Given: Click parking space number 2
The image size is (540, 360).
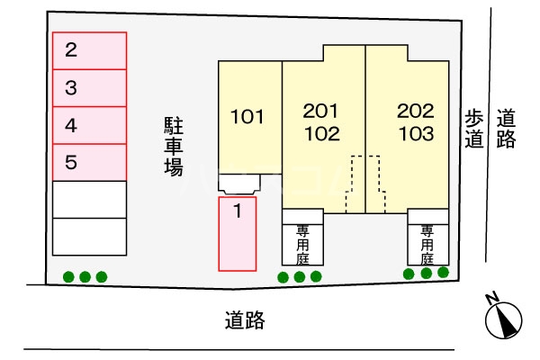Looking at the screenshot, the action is pos(88,50).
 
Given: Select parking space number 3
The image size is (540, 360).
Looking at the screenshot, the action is pos(88,88).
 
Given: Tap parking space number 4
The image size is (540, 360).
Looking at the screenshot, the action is pos(88,125).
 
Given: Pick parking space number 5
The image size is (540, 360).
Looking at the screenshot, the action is pos(88,163).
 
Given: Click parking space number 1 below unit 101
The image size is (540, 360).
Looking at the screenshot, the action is pos(238,234).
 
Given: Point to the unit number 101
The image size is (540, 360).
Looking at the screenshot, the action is pos(247,116).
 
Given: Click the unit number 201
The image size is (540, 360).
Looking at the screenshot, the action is pos(321,112).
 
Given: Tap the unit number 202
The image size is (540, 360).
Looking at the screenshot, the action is pos(416,112).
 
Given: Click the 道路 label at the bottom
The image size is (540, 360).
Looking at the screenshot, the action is pos(245,319).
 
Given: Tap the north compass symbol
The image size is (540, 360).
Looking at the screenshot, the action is pos(503,318).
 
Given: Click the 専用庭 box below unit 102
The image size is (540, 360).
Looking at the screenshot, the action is pos(302,242).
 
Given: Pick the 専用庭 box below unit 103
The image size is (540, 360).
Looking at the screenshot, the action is pos(427,242).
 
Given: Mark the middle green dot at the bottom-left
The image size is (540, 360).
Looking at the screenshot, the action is pos(85,276).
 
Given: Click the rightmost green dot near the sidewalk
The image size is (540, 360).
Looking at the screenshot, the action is pos(442,273).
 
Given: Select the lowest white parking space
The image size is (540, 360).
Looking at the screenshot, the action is pos(88,237).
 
